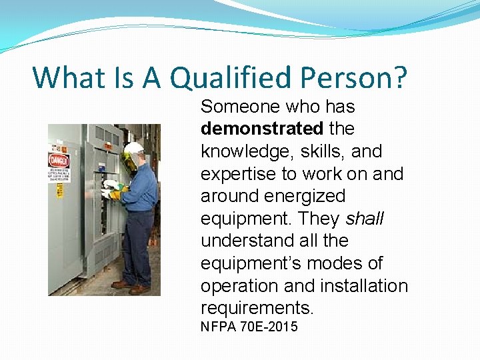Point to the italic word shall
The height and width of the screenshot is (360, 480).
pos(366,218)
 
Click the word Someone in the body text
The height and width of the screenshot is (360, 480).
pos(241,107)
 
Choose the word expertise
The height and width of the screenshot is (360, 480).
pos(239,174)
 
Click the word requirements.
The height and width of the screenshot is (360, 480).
pos(257,308)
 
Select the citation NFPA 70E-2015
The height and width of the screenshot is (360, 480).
pos(249,327)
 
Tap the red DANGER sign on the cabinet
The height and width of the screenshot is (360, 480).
pos(59,161)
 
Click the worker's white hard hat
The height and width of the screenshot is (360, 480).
pos(134,148)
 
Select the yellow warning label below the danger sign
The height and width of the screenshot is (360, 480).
pos(59,191)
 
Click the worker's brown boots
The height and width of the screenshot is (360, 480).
pos(131,286)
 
